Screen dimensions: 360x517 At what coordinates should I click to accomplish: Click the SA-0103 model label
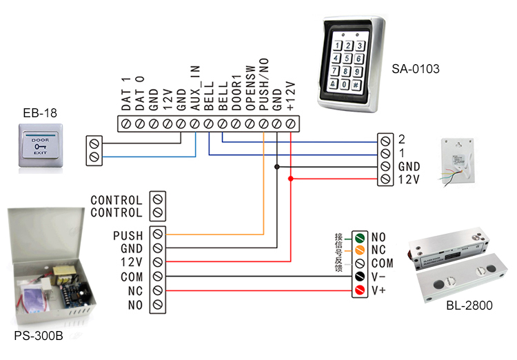point(416,69)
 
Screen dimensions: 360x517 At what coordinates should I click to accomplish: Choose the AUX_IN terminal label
point(195,90)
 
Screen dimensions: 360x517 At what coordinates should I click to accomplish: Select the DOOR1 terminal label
point(236,94)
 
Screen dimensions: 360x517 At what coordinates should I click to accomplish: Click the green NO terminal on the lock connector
point(358,237)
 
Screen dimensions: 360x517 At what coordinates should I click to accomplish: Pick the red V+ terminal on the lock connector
point(358,290)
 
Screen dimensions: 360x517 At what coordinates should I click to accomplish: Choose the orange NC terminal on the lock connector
point(358,250)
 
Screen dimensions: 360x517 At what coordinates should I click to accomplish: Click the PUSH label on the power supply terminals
point(128,235)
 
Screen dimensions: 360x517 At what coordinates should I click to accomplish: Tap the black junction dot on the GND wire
point(277,166)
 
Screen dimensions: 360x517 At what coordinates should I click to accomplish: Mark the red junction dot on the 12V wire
point(291,179)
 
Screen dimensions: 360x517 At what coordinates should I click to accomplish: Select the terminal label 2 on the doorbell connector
point(402,138)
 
